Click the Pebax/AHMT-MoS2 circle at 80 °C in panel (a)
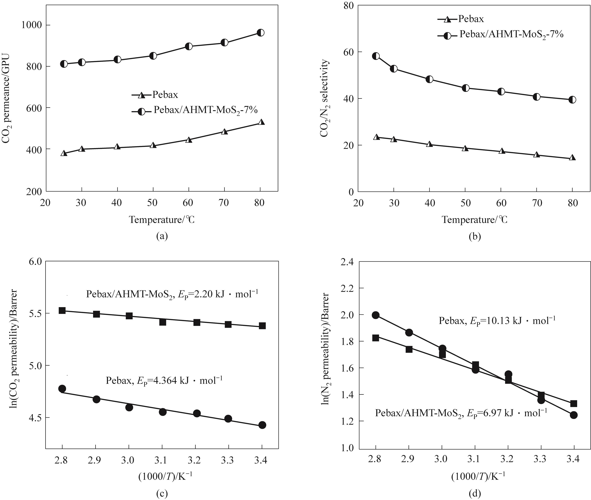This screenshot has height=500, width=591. pos(260,33)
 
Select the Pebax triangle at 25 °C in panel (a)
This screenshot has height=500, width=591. pos(64,153)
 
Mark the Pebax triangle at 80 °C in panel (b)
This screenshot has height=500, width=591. pos(572,158)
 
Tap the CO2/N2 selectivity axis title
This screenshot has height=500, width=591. pos(325,98)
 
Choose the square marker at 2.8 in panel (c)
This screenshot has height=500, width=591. pos(62,310)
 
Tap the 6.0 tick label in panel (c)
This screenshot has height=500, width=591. pos(35,262)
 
